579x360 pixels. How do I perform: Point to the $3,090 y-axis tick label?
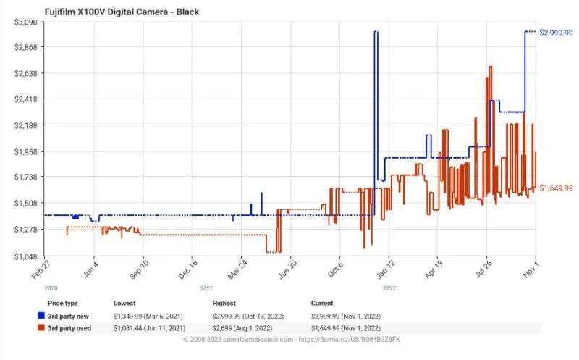(27, 22)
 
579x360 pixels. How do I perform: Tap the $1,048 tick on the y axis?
(27, 256)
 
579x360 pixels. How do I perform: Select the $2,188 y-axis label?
(27, 125)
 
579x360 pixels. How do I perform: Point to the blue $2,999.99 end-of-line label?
(557, 33)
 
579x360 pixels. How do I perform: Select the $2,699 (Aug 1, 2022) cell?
(247, 328)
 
